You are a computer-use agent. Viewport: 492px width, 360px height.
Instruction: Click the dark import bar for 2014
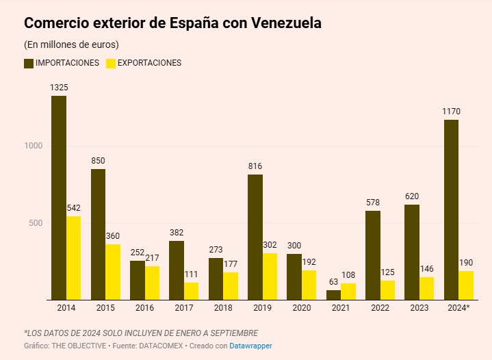point(59,198)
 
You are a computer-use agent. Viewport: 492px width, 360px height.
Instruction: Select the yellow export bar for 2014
point(73,258)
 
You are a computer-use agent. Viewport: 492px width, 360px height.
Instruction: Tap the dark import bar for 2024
point(451,209)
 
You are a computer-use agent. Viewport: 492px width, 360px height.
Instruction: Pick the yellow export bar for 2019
point(270,277)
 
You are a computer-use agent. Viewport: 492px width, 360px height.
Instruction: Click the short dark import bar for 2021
point(333,295)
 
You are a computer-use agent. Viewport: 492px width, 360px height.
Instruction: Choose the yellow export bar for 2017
point(191,291)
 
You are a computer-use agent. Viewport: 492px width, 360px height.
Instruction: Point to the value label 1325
point(59,88)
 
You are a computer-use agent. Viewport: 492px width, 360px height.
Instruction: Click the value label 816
point(255,166)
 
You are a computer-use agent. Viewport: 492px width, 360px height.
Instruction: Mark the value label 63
point(333,281)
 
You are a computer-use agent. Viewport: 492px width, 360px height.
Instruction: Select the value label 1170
point(451,112)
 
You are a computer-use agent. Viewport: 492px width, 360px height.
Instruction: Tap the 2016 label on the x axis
point(144,308)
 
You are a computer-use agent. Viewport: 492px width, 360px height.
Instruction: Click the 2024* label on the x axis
point(458,308)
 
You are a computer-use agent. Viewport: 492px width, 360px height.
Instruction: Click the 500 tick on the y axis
point(36,223)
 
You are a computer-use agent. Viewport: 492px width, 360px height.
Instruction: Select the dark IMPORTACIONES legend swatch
point(29,63)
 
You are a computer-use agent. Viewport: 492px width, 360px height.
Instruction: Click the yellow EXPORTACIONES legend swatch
point(110,63)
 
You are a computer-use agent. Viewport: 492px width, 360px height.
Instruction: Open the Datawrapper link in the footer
point(250,346)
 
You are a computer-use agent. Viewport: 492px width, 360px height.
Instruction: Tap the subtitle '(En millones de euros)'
point(71,44)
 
